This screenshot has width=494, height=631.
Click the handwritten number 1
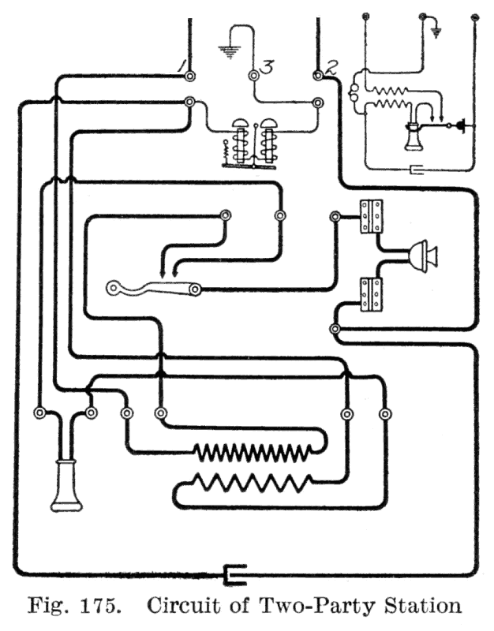[x=181, y=65]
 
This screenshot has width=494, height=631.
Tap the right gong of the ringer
[x=271, y=124]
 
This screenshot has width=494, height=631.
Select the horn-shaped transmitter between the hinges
[x=422, y=255]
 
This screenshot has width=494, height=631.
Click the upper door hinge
[x=372, y=216]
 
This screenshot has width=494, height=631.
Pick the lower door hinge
[x=372, y=293]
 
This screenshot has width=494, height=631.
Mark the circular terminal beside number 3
[x=254, y=77]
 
